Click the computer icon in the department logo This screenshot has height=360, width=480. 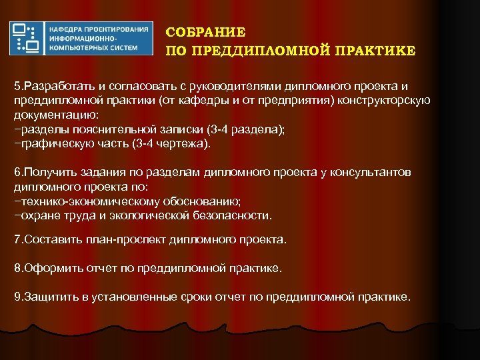(x=26, y=38)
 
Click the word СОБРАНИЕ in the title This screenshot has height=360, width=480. (x=205, y=32)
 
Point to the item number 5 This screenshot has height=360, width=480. (x=18, y=87)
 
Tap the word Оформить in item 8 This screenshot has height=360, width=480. (x=48, y=268)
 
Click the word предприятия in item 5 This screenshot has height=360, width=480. (x=300, y=101)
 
